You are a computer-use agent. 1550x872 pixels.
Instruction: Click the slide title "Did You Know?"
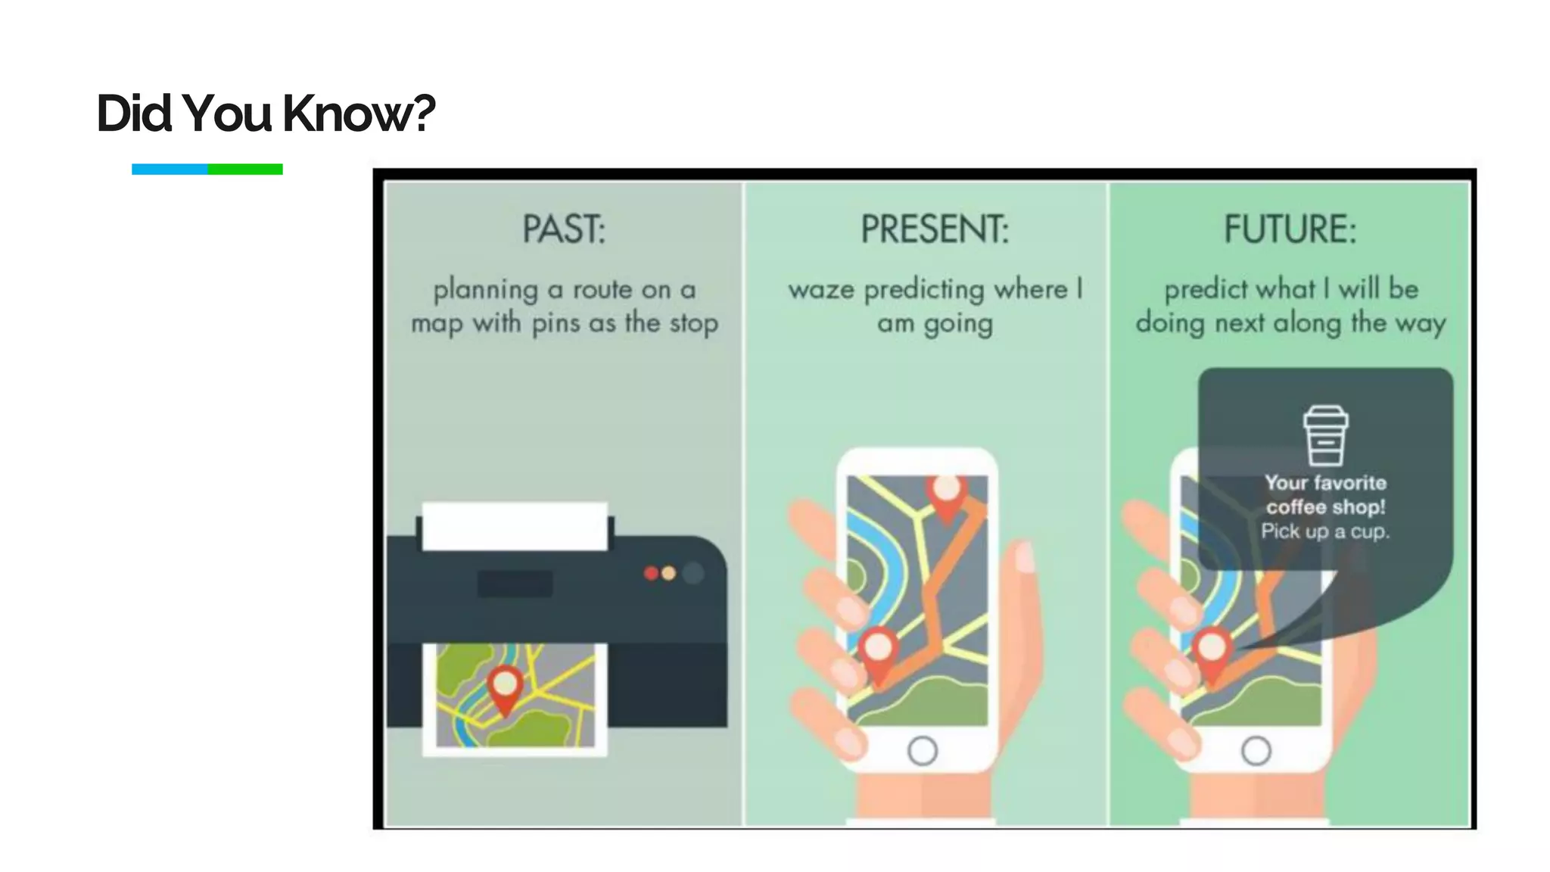pyautogui.click(x=266, y=114)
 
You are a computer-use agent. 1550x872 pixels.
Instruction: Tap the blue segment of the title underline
pyautogui.click(x=170, y=170)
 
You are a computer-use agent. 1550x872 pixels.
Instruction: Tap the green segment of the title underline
pyautogui.click(x=245, y=170)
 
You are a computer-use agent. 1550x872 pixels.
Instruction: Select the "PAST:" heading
pyautogui.click(x=564, y=229)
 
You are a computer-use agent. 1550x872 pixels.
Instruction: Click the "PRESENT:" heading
pyautogui.click(x=935, y=229)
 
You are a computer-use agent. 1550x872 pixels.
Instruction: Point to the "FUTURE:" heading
pyautogui.click(x=1290, y=229)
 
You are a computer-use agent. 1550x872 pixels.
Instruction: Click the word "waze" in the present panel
pyautogui.click(x=821, y=290)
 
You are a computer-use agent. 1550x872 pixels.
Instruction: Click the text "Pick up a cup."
pyautogui.click(x=1325, y=531)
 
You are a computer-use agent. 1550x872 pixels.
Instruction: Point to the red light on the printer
pyautogui.click(x=651, y=574)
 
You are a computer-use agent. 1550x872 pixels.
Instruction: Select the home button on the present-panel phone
pyautogui.click(x=923, y=751)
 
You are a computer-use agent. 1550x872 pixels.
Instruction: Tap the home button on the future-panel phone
pyautogui.click(x=1256, y=751)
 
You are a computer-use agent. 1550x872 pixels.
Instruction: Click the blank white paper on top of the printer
pyautogui.click(x=515, y=526)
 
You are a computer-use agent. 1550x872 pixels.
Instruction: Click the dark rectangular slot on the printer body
pyautogui.click(x=515, y=584)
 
